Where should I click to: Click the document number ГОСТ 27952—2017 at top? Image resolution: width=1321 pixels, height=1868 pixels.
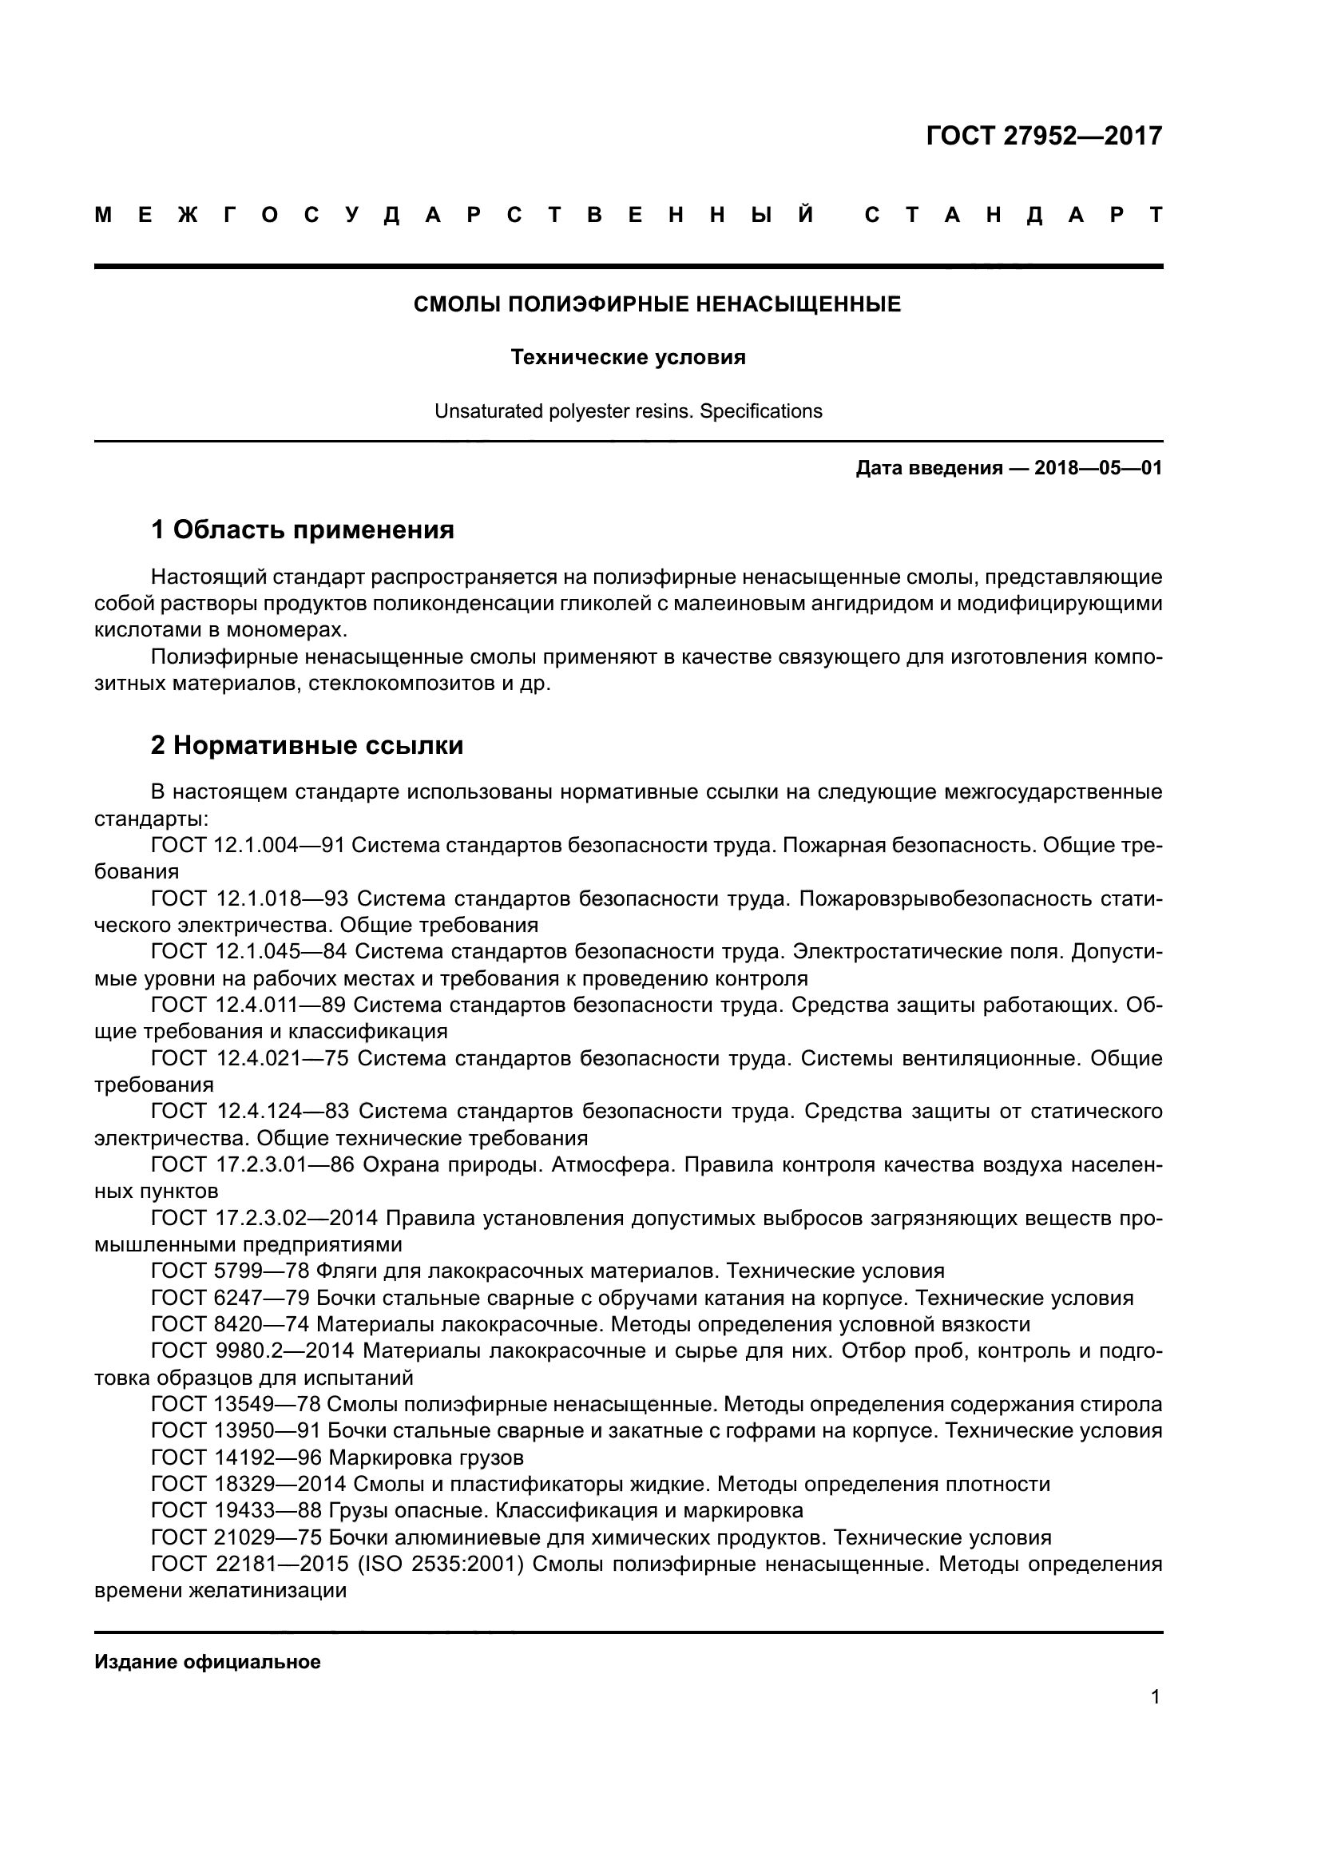coord(1044,136)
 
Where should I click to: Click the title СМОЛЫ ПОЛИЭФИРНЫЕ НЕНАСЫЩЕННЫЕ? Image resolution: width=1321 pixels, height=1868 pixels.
coord(657,305)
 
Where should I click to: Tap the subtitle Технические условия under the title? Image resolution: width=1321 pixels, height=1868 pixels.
coord(628,357)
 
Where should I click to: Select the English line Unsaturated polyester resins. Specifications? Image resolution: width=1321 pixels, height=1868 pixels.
coord(628,411)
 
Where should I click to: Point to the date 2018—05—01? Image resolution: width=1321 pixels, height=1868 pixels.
coord(1098,469)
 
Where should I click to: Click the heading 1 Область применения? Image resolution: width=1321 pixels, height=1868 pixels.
coord(303,530)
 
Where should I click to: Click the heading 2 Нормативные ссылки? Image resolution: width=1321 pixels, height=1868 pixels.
coord(307,745)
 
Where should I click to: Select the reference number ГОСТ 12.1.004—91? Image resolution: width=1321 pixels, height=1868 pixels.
coord(249,845)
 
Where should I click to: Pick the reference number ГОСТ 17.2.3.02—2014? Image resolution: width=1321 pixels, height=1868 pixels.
coord(264,1218)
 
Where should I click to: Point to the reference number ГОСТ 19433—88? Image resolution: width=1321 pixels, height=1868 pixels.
coord(236,1510)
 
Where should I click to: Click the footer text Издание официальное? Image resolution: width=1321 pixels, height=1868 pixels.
coord(208,1662)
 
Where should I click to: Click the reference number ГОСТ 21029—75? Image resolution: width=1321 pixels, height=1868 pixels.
coord(236,1537)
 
